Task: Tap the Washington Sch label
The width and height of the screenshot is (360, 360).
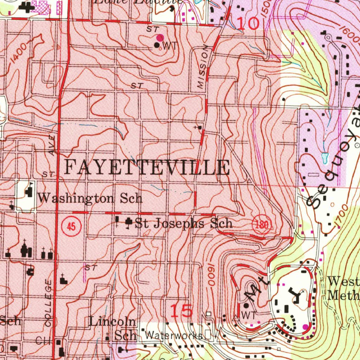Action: (90, 198)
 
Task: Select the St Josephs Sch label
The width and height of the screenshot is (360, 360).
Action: (184, 224)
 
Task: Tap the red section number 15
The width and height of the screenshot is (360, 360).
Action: (182, 311)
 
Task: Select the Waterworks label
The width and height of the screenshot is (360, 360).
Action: (174, 336)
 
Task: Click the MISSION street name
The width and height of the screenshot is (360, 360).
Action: (202, 69)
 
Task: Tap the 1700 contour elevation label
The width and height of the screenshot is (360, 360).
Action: (342, 216)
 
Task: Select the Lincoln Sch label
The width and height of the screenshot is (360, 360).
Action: (112, 328)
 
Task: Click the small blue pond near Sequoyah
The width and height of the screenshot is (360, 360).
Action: (324, 158)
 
